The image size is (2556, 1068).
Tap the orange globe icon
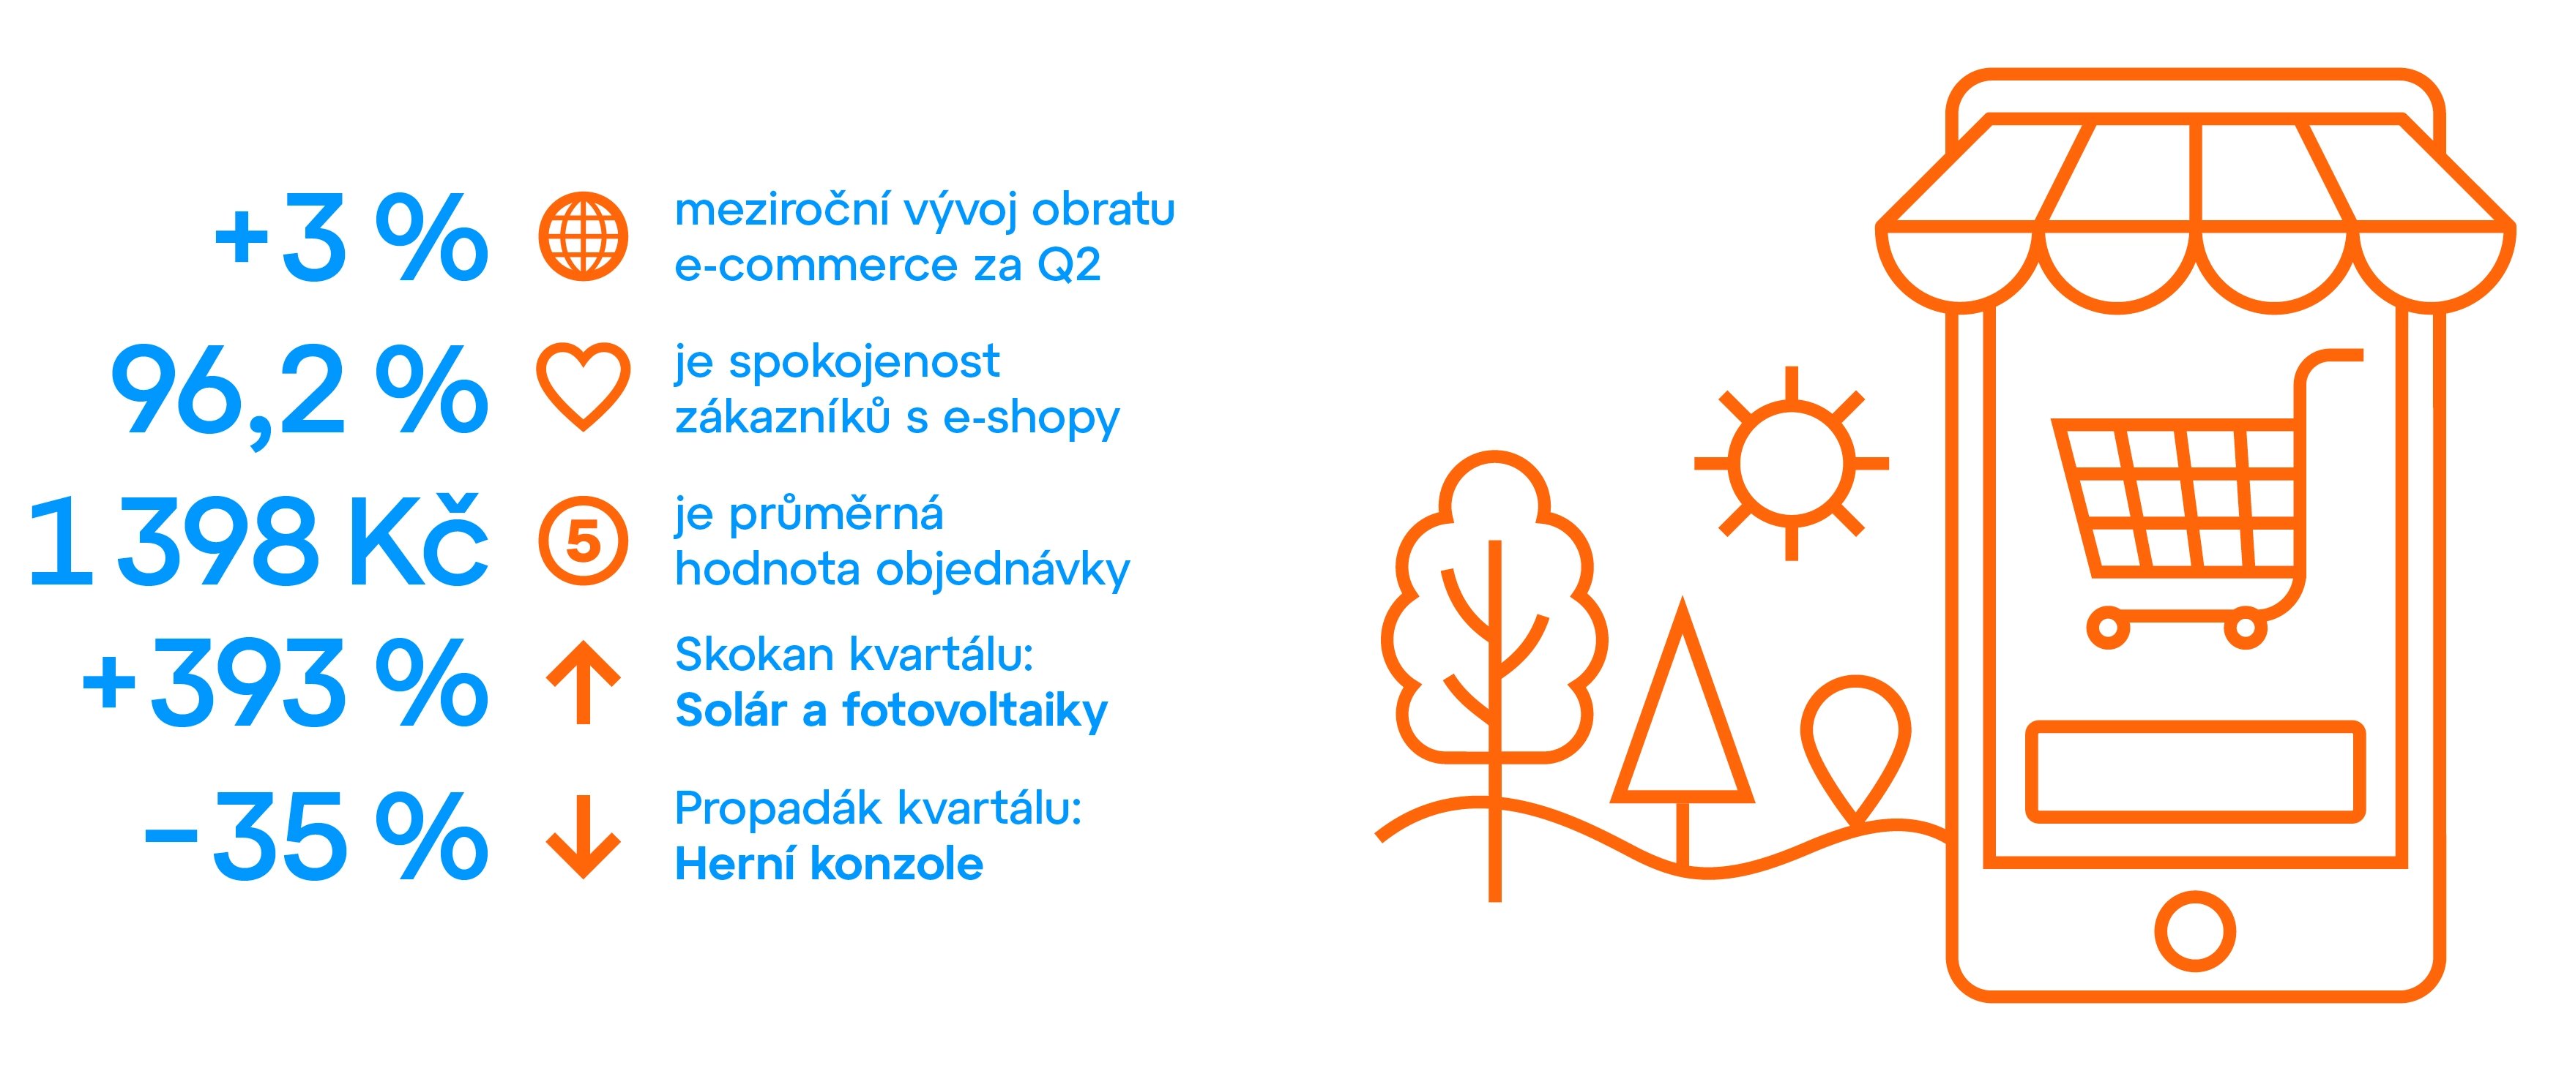tap(584, 236)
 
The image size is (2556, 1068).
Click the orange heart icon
tap(584, 387)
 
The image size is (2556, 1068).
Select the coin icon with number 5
tap(584, 541)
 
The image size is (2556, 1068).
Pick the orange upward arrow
tap(584, 682)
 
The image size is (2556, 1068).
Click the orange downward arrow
tap(584, 836)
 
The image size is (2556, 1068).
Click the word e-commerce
tap(816, 266)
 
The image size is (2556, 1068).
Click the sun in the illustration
tap(1791, 463)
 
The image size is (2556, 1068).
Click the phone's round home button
tap(2195, 931)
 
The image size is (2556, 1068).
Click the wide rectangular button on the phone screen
tap(2195, 772)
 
